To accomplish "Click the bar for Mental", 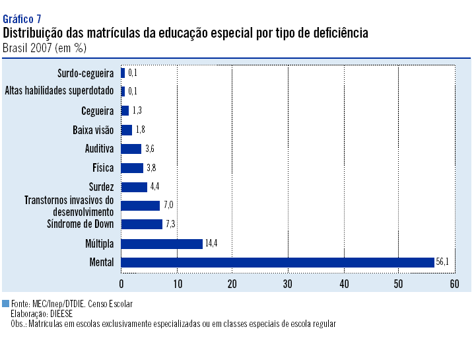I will point(277,262).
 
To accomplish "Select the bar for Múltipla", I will point(162,243).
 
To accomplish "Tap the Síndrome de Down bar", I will point(141,224).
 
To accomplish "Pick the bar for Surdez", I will point(134,187).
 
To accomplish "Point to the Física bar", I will point(132,168).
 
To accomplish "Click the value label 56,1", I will point(442,262).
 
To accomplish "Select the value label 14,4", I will point(211,243).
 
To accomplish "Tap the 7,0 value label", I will point(169,205).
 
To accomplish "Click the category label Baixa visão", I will point(93,130).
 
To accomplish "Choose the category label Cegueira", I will point(98,110).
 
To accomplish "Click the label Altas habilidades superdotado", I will point(59,90).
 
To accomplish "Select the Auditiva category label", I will point(100,149).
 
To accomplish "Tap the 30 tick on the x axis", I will point(288,283).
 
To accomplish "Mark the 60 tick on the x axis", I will point(454,283).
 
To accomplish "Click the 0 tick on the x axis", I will point(121,283).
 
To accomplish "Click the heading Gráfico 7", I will point(22,18).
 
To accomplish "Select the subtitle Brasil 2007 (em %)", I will point(44,48).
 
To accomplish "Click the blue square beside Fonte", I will point(6,304).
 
